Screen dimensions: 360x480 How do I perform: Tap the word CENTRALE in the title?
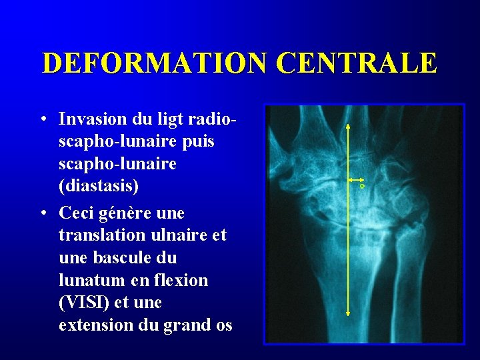coord(356,63)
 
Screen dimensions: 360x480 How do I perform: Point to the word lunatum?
coord(87,281)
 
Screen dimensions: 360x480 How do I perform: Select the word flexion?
coord(181,281)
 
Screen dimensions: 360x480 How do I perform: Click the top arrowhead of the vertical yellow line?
coord(349,125)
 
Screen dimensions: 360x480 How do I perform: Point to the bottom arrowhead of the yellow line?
coord(349,313)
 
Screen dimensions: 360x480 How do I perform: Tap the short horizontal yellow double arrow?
coord(354,180)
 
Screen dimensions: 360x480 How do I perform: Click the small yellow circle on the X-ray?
coord(362,186)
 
